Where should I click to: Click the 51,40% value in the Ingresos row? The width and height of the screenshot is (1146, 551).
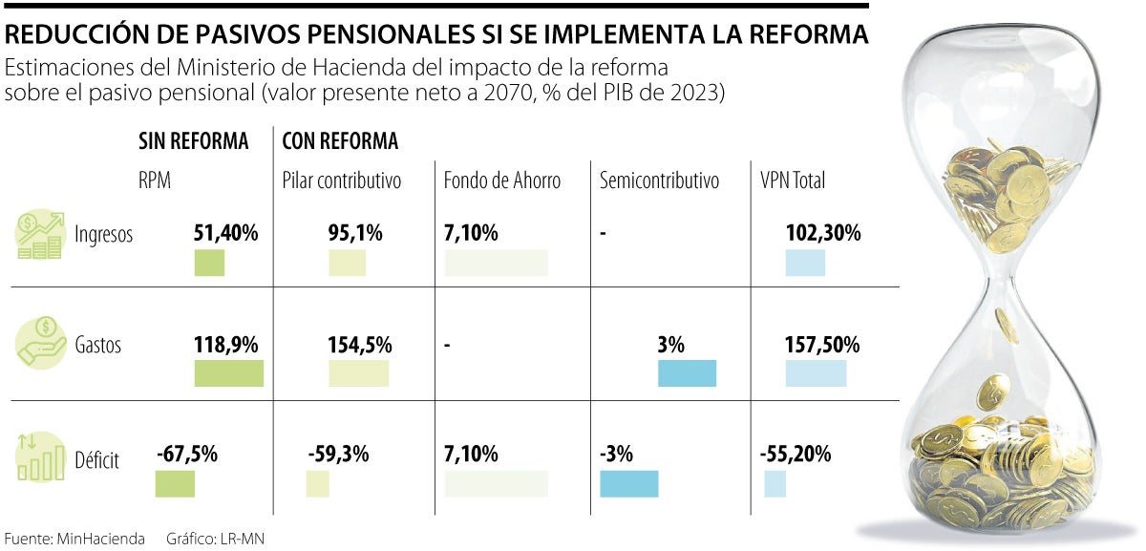225,232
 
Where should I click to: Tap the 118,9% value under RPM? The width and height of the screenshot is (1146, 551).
226,344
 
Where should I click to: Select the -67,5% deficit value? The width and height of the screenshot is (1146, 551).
187,455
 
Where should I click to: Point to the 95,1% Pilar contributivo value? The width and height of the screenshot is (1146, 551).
355,232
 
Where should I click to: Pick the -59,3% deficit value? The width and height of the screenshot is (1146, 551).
338,455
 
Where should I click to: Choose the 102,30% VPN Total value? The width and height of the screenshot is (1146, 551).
823,232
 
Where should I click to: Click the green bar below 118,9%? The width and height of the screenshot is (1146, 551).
228,373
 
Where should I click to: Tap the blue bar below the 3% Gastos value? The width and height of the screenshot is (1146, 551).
687,373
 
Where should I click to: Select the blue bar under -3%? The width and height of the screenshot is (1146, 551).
628,484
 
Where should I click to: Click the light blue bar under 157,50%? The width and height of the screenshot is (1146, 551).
816,373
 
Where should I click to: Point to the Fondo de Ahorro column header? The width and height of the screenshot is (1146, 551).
502,180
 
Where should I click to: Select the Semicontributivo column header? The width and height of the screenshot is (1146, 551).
659,180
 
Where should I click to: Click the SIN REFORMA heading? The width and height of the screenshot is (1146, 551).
194,142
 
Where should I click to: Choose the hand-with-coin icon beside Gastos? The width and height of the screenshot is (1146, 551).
40,344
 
